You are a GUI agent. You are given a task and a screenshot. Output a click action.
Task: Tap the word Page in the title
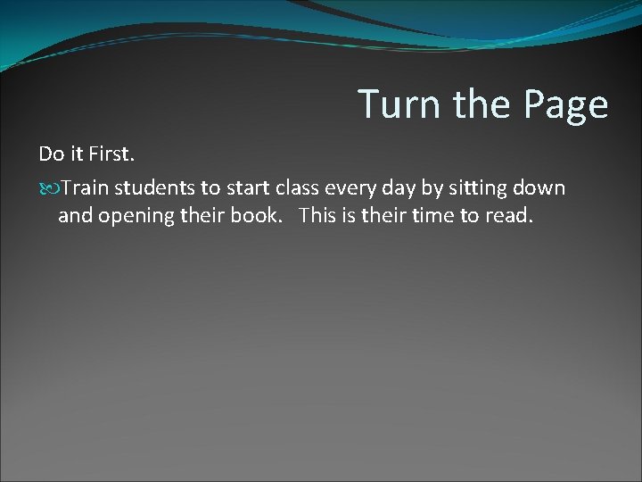(x=566, y=105)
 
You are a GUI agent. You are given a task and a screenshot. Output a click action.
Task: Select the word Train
(x=87, y=188)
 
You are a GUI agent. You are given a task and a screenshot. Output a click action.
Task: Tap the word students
(x=159, y=188)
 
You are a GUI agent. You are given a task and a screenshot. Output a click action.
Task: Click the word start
(x=251, y=188)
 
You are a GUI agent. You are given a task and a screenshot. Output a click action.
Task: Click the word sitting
(x=487, y=188)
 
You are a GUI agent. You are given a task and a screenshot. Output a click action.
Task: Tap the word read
(x=508, y=216)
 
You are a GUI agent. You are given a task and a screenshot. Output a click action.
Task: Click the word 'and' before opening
(x=74, y=216)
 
